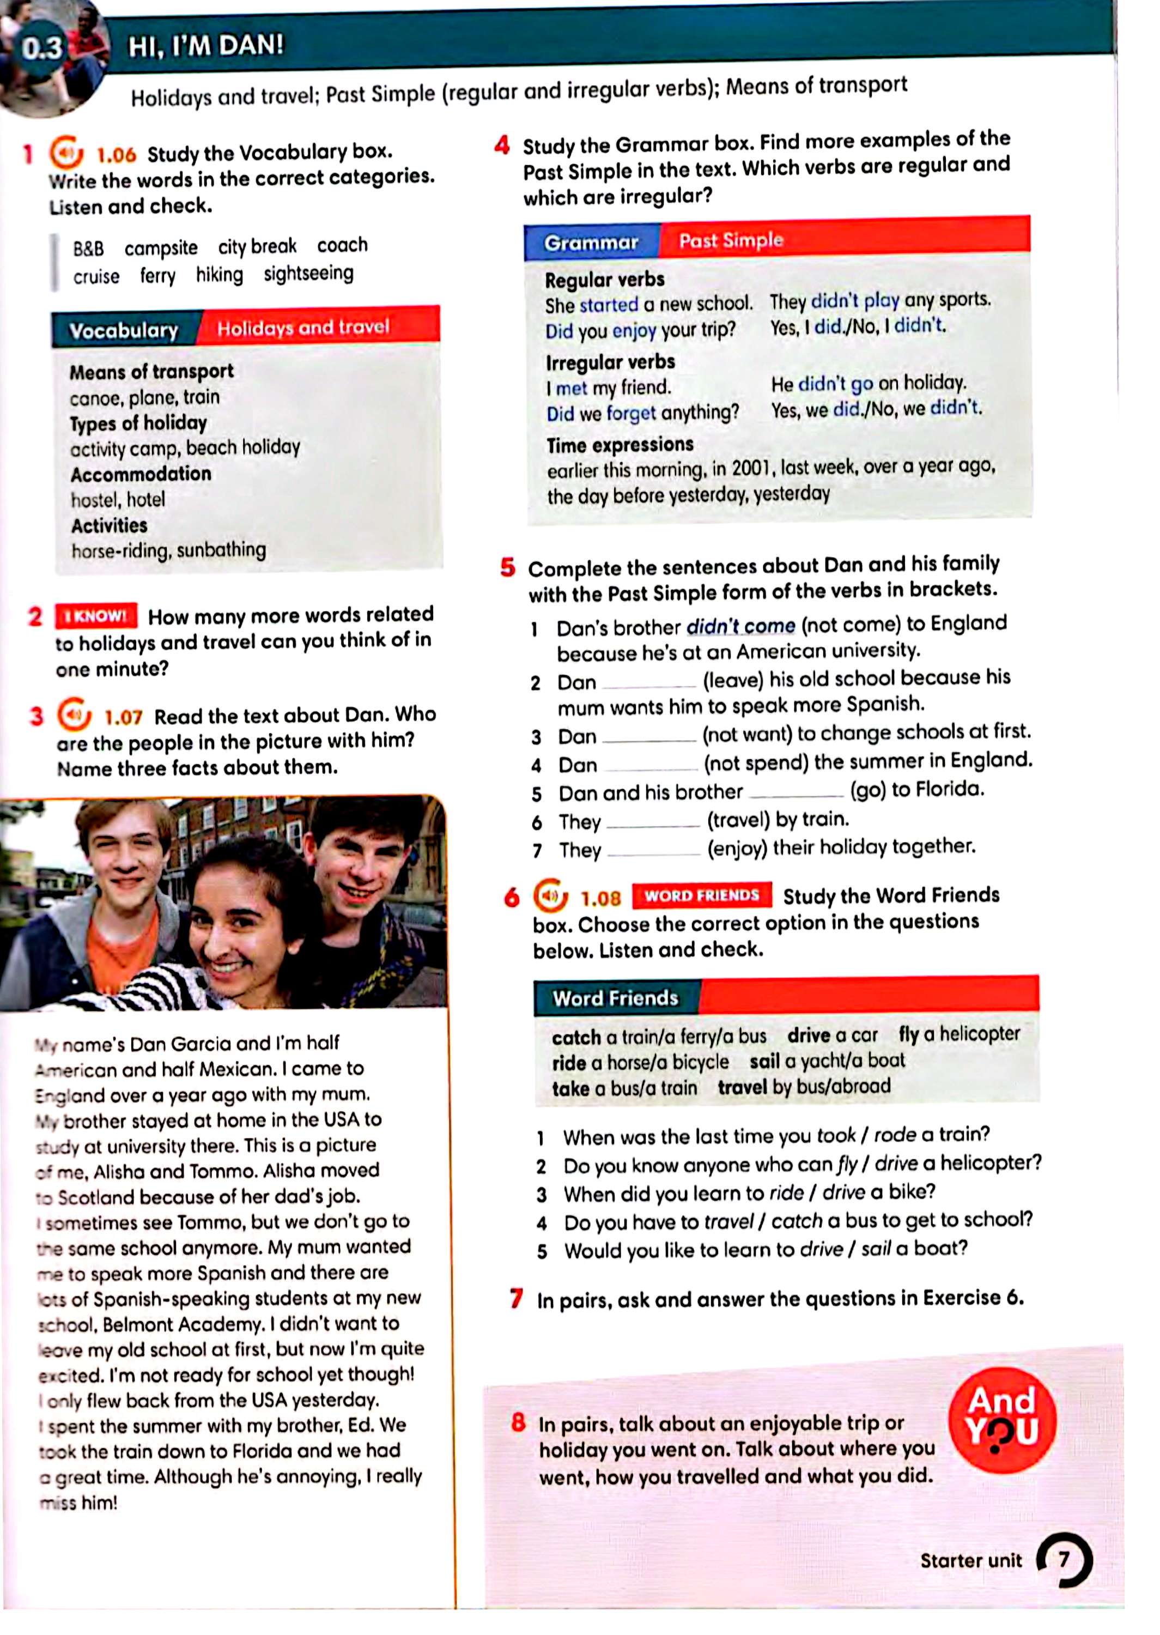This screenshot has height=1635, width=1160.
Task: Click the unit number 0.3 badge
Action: [x=41, y=49]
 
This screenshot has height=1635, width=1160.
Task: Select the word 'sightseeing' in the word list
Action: [x=308, y=274]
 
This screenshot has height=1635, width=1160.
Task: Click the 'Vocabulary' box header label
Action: [x=124, y=330]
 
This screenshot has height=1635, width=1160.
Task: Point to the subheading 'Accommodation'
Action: [x=141, y=474]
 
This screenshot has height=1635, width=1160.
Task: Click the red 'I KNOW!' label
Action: [x=96, y=616]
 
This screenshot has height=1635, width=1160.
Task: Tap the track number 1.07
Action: [x=123, y=717]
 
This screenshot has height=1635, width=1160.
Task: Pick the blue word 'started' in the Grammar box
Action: [x=609, y=305]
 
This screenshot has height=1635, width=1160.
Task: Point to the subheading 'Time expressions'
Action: [x=620, y=445]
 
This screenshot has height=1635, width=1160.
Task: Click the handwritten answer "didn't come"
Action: [x=740, y=626]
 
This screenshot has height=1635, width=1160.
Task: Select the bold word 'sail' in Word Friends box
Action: [x=763, y=1062]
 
